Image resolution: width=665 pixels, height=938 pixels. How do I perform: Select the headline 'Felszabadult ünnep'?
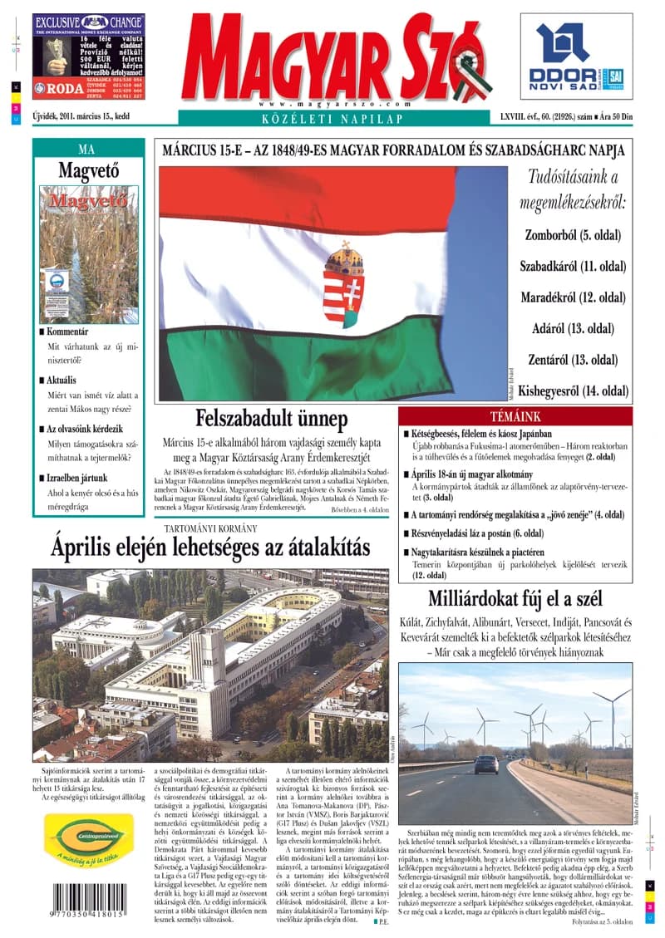coord(271,419)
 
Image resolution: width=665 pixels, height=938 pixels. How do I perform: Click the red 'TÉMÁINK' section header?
coord(515,416)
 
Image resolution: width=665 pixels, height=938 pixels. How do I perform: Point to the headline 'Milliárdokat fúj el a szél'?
coord(515,599)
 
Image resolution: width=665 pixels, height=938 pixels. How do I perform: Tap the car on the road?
coord(486,764)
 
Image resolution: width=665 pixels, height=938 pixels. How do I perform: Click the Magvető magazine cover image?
coord(88,254)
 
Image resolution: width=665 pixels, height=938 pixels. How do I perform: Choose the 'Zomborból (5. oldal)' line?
coord(573,235)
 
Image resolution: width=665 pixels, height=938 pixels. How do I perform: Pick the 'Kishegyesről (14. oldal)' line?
coord(573,390)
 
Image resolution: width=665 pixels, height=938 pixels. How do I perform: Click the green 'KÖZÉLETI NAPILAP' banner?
coord(332,119)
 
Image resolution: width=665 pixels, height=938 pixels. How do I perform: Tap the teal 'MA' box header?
coord(86,150)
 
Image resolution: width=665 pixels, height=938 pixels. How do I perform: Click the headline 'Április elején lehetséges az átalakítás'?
coord(209,548)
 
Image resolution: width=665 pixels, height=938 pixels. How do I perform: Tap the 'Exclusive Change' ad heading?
coord(89,22)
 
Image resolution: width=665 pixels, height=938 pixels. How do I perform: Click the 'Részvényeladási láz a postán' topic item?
coord(477,533)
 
